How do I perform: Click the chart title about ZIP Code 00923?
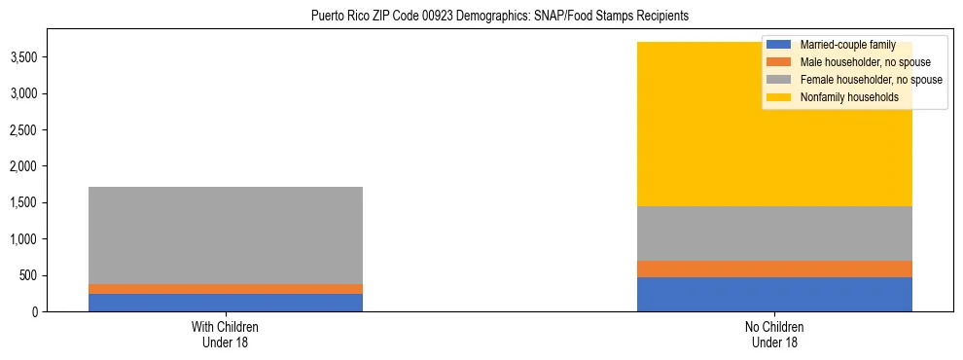pyautogui.click(x=500, y=17)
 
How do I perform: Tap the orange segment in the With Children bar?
pyautogui.click(x=225, y=289)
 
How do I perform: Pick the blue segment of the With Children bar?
pyautogui.click(x=225, y=303)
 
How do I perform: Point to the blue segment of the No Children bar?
pyautogui.click(x=774, y=294)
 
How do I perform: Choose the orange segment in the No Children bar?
pyautogui.click(x=774, y=269)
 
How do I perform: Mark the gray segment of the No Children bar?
pyautogui.click(x=774, y=234)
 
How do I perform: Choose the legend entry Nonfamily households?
pyautogui.click(x=842, y=97)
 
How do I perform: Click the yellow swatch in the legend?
pyautogui.click(x=779, y=97)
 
